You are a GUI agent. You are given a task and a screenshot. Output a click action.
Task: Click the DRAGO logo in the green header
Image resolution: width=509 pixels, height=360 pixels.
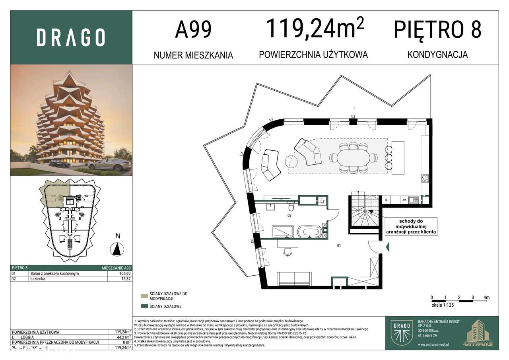(x=71, y=37)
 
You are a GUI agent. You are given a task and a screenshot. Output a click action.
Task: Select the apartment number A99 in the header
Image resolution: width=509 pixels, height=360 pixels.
(x=193, y=30)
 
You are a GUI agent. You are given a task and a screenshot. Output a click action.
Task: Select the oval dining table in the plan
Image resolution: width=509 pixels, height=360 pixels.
(x=353, y=158)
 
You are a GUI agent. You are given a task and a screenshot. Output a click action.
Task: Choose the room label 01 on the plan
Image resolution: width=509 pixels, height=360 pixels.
(x=339, y=246)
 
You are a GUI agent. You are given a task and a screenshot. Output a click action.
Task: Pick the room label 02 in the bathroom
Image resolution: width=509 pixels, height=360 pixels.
(x=290, y=216)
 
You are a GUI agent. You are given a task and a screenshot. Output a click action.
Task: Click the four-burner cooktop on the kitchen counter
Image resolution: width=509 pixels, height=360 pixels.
(x=425, y=178)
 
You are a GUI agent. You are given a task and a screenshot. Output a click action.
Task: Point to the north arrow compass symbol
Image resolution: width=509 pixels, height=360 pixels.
(x=117, y=249)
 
